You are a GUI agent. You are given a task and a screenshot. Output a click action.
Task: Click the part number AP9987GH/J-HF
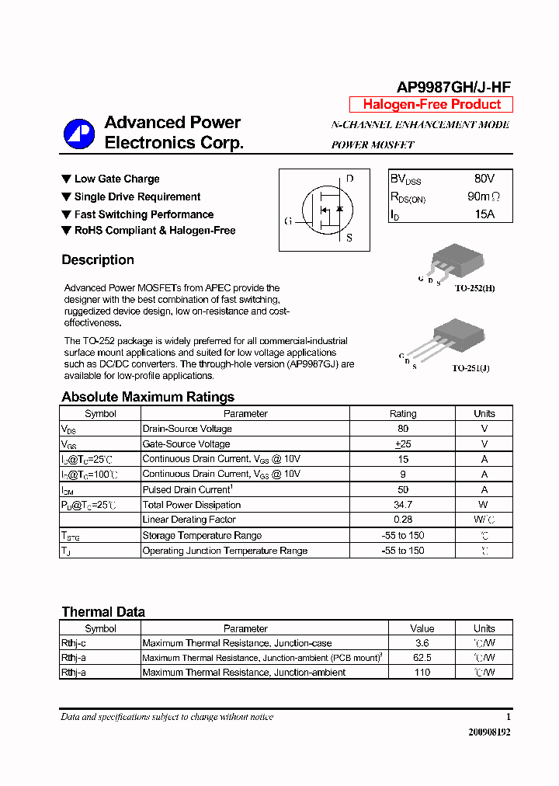tap(454, 88)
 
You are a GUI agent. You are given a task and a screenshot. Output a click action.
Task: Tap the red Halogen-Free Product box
tap(432, 105)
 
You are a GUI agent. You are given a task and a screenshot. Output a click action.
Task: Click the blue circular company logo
tap(78, 134)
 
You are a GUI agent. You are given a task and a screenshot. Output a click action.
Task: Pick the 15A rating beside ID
tap(484, 214)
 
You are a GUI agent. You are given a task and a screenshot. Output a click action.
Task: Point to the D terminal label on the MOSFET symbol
tap(350, 179)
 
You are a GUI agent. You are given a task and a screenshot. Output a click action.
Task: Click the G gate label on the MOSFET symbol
tap(288, 221)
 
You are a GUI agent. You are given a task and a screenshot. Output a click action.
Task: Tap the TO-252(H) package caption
tap(474, 288)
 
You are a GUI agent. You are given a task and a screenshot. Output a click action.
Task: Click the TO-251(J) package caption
tap(471, 368)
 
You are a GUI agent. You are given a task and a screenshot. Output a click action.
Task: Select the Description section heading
tap(98, 260)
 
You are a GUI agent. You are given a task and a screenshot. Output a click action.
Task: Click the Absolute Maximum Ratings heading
tap(148, 397)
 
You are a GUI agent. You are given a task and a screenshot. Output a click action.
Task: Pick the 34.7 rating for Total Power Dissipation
tap(402, 505)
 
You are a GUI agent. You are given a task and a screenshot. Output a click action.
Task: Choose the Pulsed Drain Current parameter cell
tap(187, 490)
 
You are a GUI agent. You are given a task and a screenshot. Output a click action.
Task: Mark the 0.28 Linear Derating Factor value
tap(402, 520)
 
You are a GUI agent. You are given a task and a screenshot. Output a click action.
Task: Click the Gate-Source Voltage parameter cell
tap(186, 444)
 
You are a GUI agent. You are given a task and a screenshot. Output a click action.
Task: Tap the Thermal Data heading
tap(103, 612)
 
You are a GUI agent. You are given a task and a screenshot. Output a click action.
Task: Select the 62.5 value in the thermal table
tap(422, 658)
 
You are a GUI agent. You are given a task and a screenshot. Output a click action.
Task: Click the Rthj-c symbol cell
tap(74, 643)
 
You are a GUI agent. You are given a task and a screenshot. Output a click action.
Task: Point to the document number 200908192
tap(489, 732)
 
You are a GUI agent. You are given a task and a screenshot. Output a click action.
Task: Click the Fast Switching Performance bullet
tap(144, 214)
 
